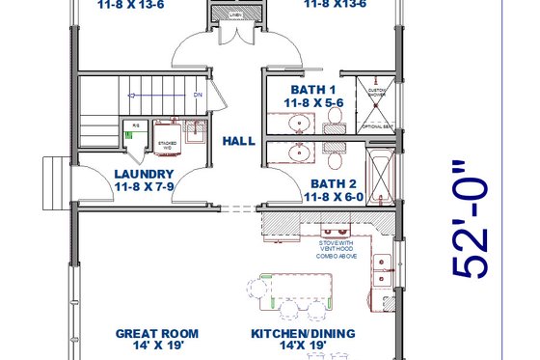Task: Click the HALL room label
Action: [238, 141]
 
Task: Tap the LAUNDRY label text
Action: [143, 174]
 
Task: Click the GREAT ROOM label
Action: [149, 334]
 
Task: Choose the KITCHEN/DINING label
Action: [304, 334]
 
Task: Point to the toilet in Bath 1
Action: [334, 118]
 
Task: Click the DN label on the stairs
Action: [197, 96]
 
